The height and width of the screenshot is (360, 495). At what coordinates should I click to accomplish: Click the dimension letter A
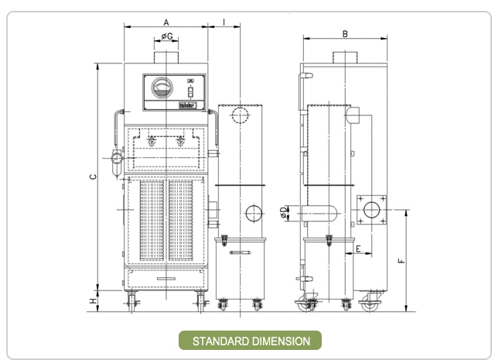click(166, 22)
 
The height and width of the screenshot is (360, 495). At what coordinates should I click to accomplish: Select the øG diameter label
click(166, 36)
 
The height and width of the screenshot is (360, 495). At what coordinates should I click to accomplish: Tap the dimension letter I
click(224, 22)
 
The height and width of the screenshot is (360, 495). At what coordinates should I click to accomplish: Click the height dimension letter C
click(92, 177)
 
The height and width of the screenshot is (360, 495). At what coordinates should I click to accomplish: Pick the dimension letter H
click(92, 301)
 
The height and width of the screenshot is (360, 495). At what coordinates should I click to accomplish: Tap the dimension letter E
click(357, 249)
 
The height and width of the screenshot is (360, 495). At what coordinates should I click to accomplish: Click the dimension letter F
click(400, 261)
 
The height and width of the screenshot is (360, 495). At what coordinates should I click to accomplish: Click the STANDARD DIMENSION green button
click(250, 341)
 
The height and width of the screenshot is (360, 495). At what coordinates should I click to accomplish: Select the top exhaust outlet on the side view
click(344, 59)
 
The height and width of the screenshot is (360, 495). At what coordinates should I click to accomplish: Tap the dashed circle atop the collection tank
click(240, 115)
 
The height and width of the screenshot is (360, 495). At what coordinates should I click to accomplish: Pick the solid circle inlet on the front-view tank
click(253, 214)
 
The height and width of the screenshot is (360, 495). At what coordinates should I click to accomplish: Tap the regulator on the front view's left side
click(117, 158)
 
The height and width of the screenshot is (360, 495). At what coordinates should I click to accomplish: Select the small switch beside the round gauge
click(189, 91)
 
